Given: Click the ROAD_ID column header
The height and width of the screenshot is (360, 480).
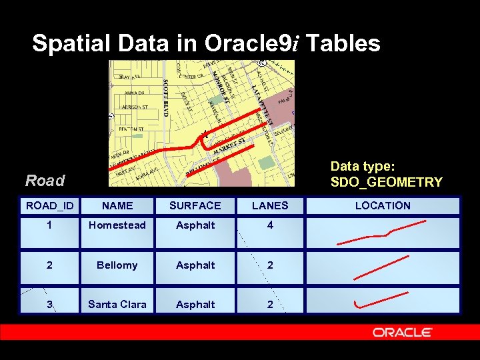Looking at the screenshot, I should [50, 206].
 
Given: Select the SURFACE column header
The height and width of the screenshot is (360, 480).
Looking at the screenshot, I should [195, 206].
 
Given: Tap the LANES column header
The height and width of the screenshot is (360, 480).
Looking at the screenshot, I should [270, 206].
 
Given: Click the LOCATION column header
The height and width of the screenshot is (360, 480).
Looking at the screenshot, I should [383, 206].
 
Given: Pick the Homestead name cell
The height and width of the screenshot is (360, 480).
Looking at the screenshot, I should [117, 225].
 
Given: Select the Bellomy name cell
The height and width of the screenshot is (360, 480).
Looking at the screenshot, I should [117, 265].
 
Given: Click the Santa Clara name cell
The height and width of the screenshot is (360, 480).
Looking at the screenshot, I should [117, 305].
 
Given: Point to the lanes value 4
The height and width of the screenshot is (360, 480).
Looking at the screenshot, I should [270, 225].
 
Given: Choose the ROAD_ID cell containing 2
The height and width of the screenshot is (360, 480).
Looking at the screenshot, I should [50, 265].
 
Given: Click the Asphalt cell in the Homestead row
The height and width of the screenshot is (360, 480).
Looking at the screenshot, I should [195, 225].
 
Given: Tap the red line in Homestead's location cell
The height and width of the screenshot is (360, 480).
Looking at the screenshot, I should [373, 235].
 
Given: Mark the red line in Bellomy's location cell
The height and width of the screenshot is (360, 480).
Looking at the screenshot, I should [381, 267].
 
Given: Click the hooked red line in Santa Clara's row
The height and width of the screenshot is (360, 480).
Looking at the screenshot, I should [380, 300].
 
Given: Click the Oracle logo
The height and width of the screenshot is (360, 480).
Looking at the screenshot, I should [402, 332].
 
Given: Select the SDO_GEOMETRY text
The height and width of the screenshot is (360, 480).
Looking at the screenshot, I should [386, 182].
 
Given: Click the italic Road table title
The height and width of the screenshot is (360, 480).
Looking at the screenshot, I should [45, 181].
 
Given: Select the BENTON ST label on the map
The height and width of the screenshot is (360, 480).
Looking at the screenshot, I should [131, 129].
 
